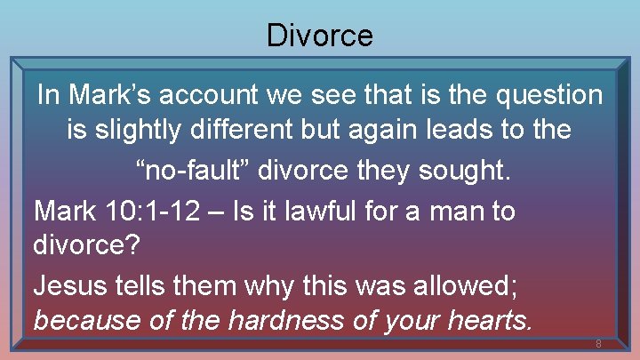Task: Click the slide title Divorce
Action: point(320,35)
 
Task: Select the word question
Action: point(544,94)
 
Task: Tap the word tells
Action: point(146,284)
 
